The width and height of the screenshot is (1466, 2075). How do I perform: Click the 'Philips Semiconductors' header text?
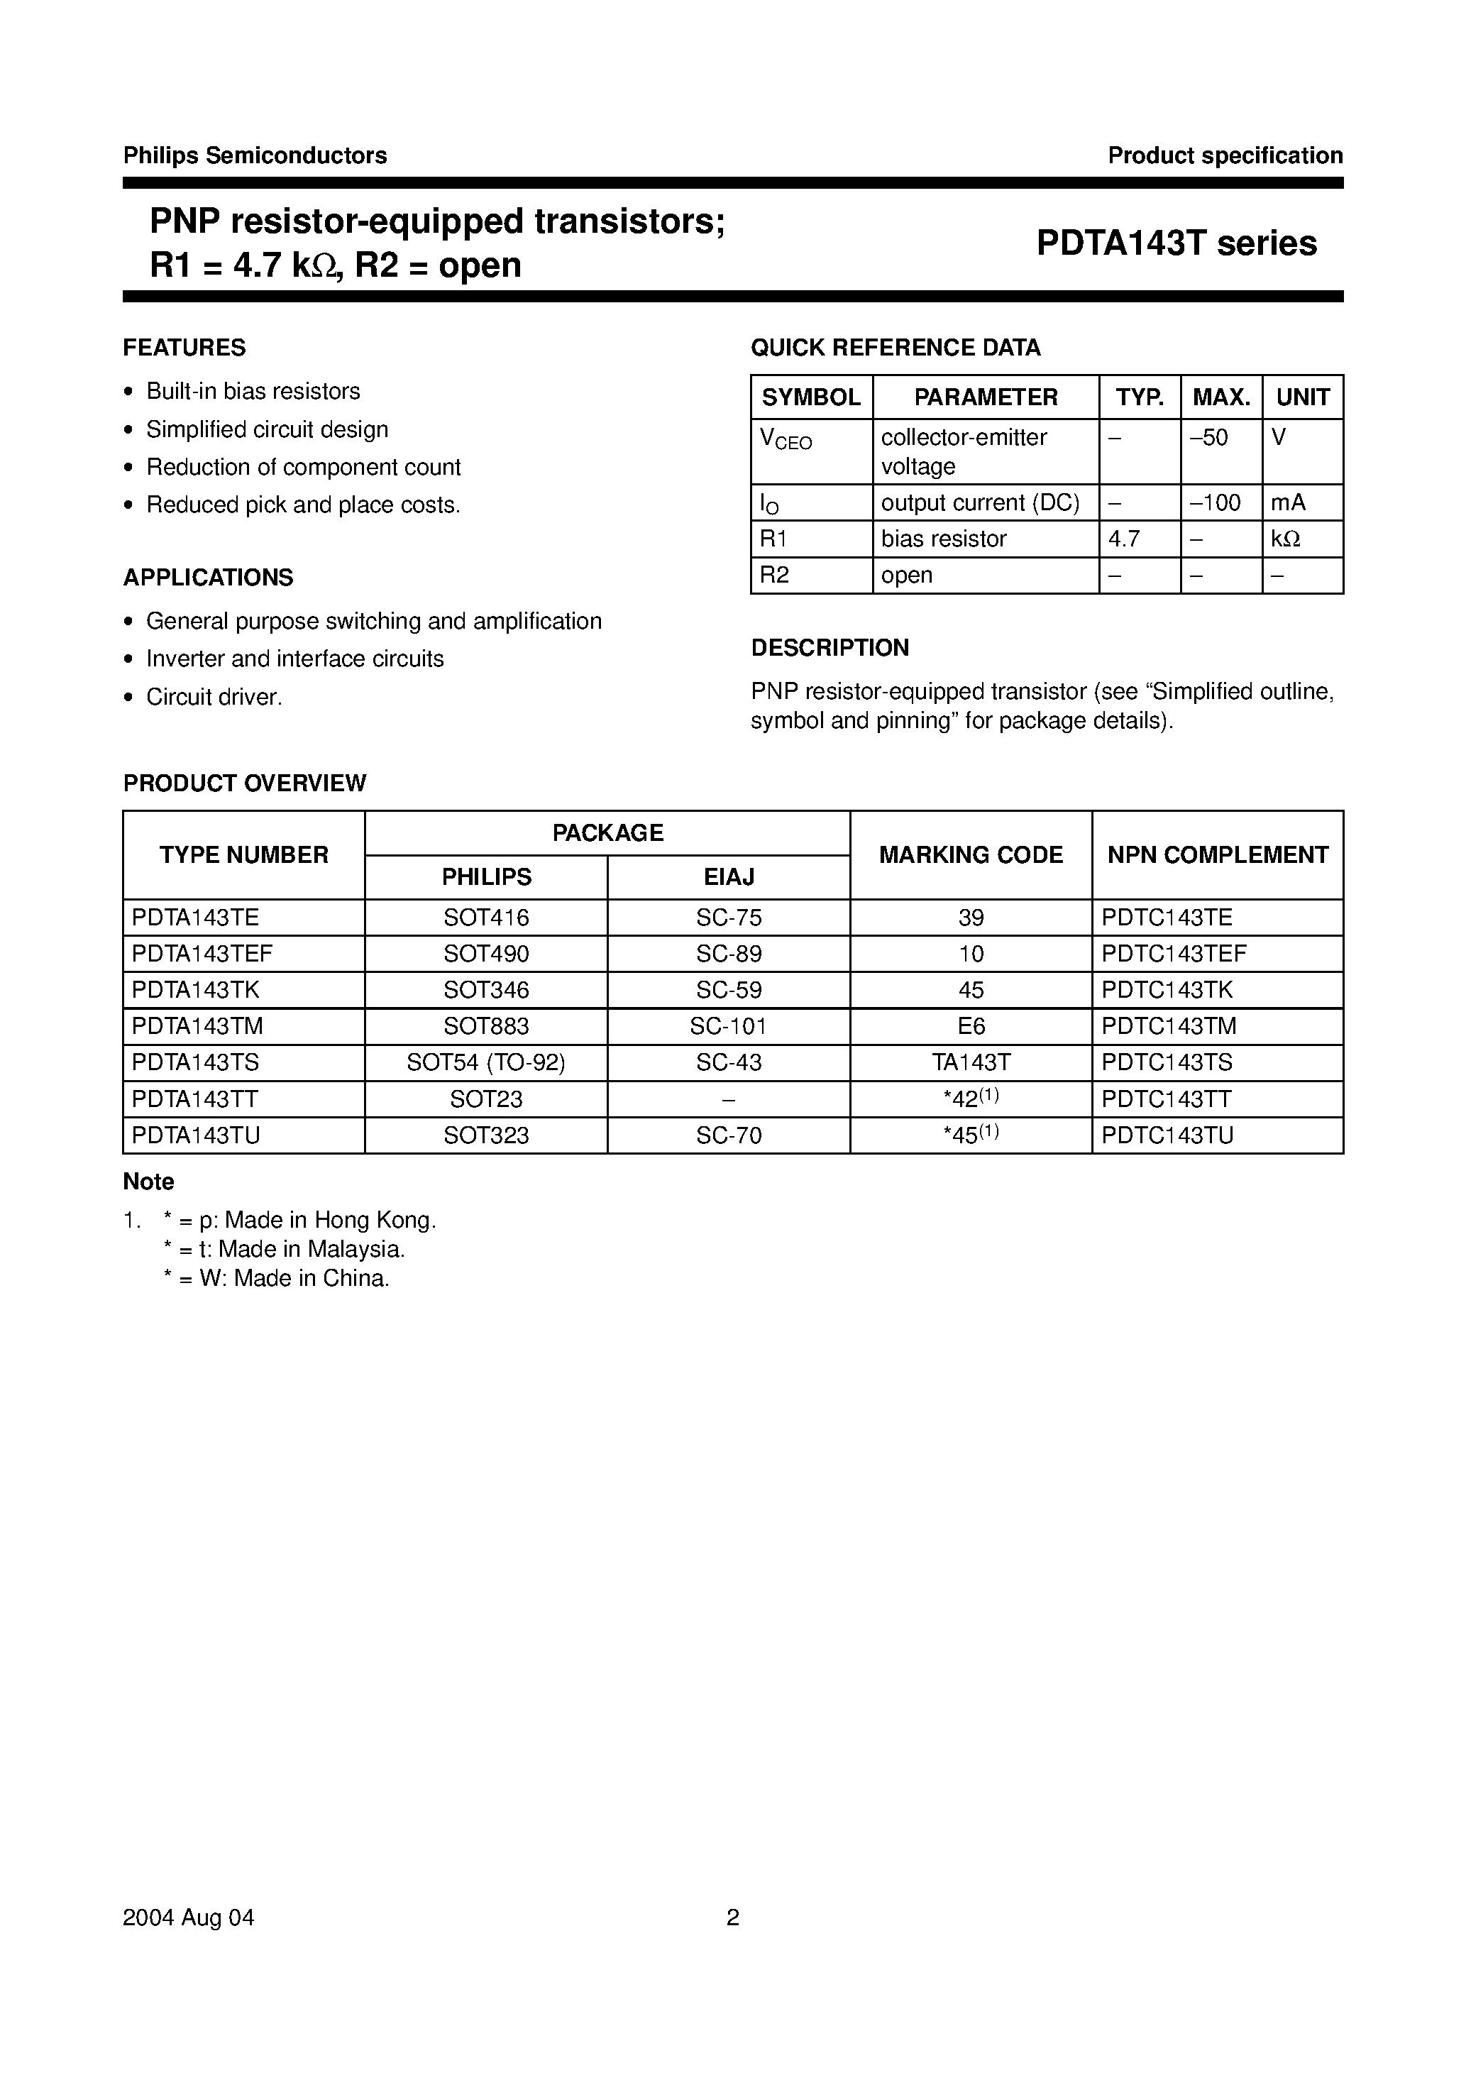tap(255, 155)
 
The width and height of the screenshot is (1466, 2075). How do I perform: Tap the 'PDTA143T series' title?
tap(1176, 243)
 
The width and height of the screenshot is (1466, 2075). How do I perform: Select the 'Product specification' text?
tap(1225, 155)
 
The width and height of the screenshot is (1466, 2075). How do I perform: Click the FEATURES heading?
tap(184, 348)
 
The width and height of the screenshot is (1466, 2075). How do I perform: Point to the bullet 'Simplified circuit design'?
tap(267, 429)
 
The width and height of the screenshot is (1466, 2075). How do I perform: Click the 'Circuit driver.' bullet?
tap(214, 697)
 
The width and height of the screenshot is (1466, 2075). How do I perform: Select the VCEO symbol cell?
tap(786, 440)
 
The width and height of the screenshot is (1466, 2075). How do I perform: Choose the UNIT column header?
tap(1301, 397)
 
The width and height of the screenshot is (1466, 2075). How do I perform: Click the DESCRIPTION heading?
tap(830, 648)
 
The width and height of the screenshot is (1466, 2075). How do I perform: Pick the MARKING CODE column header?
tap(971, 855)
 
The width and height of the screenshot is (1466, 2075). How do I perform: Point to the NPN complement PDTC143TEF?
tap(1173, 954)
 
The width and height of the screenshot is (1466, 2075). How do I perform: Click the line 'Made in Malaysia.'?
tap(284, 1249)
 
